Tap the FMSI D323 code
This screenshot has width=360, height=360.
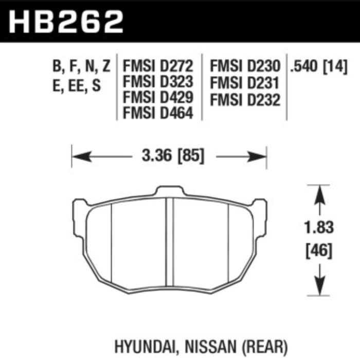tap(157, 82)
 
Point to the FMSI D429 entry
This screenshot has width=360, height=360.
tap(157, 97)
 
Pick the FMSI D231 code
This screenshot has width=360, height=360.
tap(244, 82)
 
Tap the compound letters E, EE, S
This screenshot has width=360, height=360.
tap(76, 85)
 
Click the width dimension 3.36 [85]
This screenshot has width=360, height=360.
tap(169, 155)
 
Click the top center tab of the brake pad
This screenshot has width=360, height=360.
tap(169, 191)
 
